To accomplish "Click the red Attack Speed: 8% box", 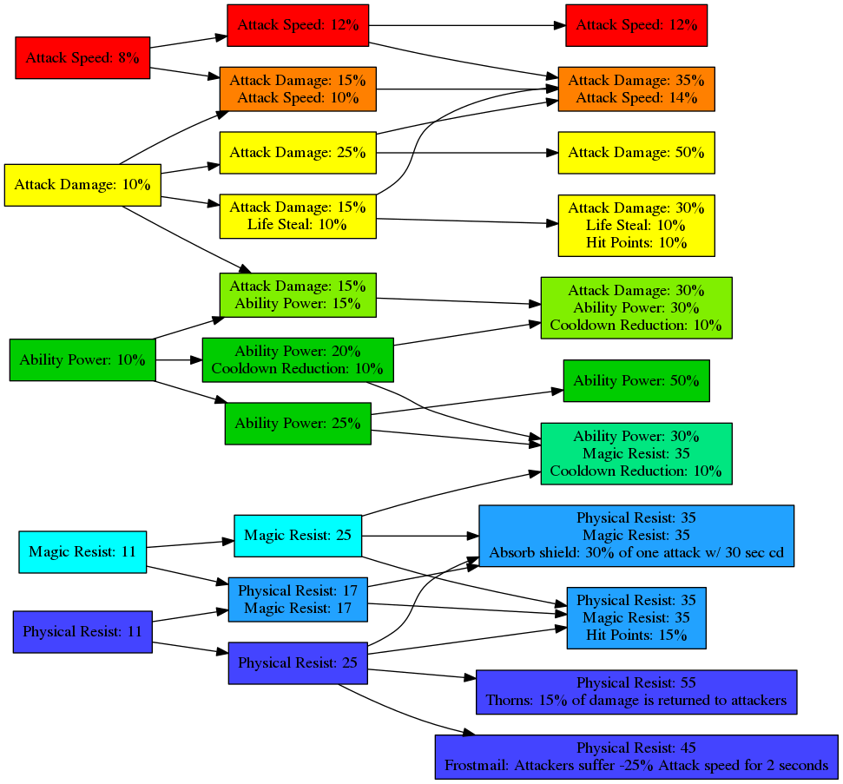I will [x=82, y=58].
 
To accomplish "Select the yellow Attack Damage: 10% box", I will [x=82, y=185].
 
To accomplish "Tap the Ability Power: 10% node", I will [x=82, y=359].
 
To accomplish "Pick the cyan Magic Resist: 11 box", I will [x=82, y=551].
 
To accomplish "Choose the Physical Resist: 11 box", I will [x=82, y=631].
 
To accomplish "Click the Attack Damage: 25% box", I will [x=297, y=153].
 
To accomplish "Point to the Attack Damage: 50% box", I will [x=636, y=153].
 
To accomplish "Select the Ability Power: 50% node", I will [x=636, y=380].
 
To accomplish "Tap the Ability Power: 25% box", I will [x=297, y=423].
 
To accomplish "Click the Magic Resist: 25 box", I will [x=297, y=535].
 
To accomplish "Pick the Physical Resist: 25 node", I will [x=297, y=662].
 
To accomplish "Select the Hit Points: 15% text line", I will [x=636, y=635].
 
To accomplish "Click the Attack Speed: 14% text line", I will [x=636, y=98].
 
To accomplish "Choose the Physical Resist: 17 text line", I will [x=297, y=591].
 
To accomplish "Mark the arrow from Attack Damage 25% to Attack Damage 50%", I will [x=464, y=153].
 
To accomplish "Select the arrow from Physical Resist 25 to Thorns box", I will [x=421, y=675].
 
